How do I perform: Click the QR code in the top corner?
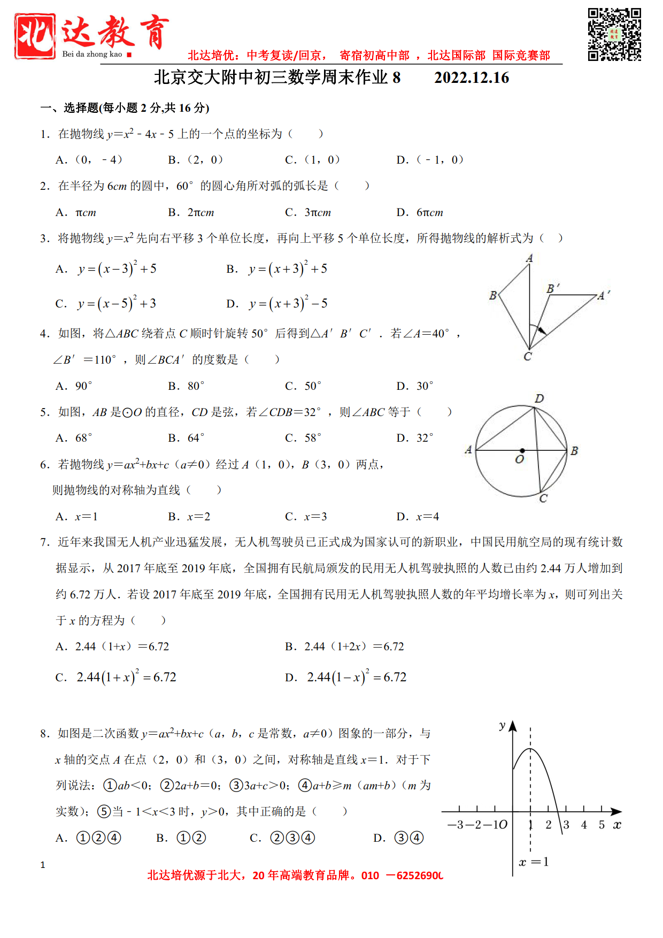coord(614,34)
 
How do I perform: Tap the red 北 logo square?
coord(35,36)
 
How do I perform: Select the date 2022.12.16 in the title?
coord(471,78)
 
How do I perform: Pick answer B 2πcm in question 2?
coord(191,212)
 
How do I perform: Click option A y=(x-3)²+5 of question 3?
coord(107,268)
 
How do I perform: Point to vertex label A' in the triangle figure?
coord(604,295)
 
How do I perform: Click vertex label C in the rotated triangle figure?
coord(528,357)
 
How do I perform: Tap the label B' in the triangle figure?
coord(553,288)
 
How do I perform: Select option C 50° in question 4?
coord(303,386)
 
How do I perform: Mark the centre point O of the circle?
coord(522,451)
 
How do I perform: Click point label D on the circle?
coord(539,398)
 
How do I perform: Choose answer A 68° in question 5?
coord(74,438)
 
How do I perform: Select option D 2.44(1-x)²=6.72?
coord(346,677)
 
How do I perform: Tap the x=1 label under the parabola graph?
coord(534,862)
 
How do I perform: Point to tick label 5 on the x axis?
coord(602,825)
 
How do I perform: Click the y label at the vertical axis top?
coord(502,726)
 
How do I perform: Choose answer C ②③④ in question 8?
coord(282,838)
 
